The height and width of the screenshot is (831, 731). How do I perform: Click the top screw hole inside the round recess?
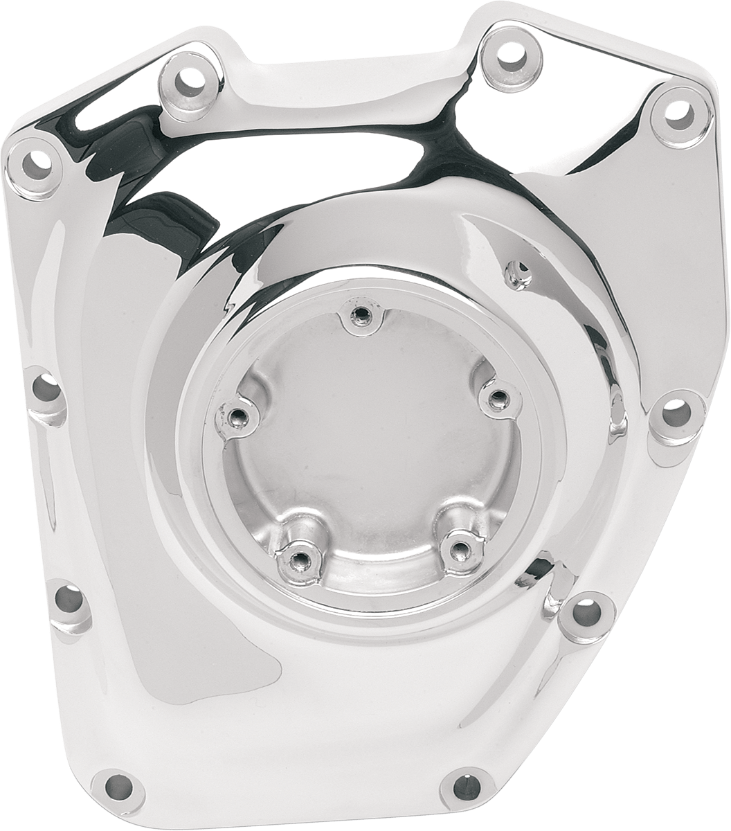tap(359, 317)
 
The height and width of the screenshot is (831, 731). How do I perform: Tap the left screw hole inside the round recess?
tap(237, 415)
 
